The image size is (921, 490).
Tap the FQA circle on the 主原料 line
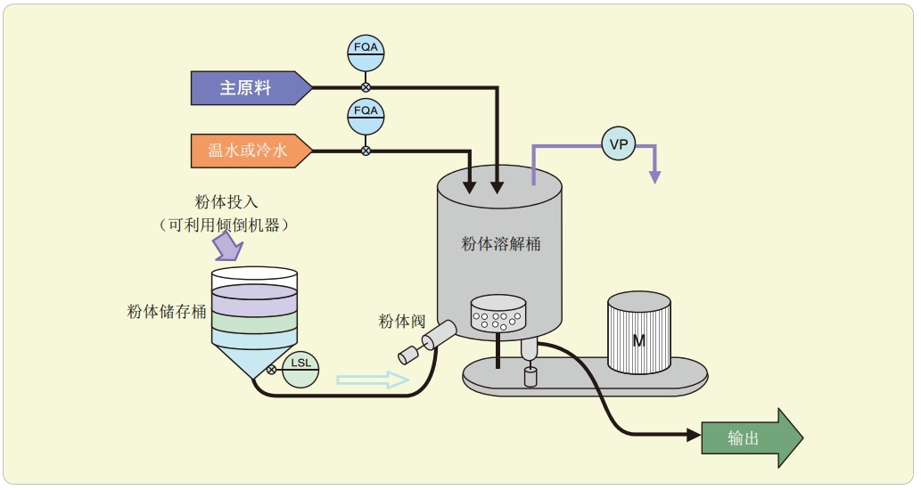[366, 53]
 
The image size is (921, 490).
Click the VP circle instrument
[619, 143]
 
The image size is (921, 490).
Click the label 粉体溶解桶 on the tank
[500, 243]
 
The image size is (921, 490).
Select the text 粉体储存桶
[167, 311]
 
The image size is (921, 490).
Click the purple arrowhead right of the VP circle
[655, 176]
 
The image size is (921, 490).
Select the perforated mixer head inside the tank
[498, 314]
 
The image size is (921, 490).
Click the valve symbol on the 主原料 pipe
[366, 87]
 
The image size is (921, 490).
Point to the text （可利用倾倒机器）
[225, 225]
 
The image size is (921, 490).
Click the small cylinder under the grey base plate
[531, 379]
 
